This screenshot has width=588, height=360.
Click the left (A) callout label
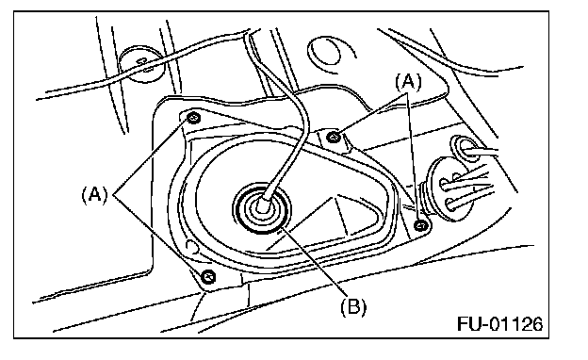(94, 195)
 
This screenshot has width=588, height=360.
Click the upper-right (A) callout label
(408, 82)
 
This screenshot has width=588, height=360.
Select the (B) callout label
(353, 306)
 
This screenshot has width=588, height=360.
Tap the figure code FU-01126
(499, 323)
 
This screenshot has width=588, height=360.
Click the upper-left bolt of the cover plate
(193, 118)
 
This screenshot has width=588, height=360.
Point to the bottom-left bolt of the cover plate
(208, 277)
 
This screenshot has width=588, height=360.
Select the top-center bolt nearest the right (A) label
(334, 137)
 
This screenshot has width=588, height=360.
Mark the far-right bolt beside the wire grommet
(421, 226)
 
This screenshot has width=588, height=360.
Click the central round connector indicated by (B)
(261, 208)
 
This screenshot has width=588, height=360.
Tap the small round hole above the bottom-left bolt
(192, 246)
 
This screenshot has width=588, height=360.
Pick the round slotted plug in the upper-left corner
(142, 64)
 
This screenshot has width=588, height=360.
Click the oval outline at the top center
(325, 54)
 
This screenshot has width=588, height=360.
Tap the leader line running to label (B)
(313, 261)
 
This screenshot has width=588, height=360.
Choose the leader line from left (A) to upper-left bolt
(150, 157)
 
